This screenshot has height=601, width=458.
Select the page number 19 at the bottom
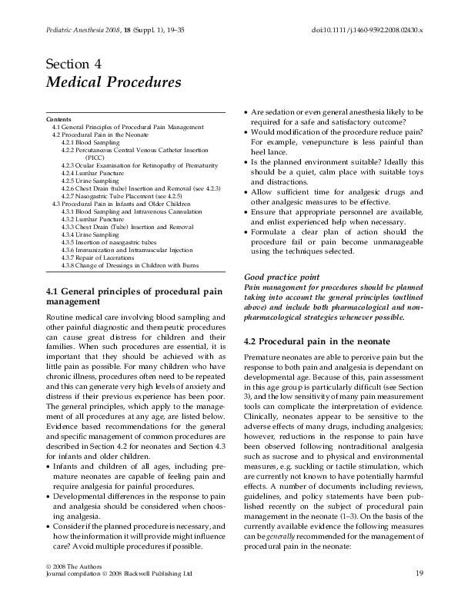click(x=419, y=573)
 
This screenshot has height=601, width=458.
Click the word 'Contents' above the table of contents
click(x=59, y=120)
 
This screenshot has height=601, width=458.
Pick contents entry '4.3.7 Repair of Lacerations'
click(x=100, y=257)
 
